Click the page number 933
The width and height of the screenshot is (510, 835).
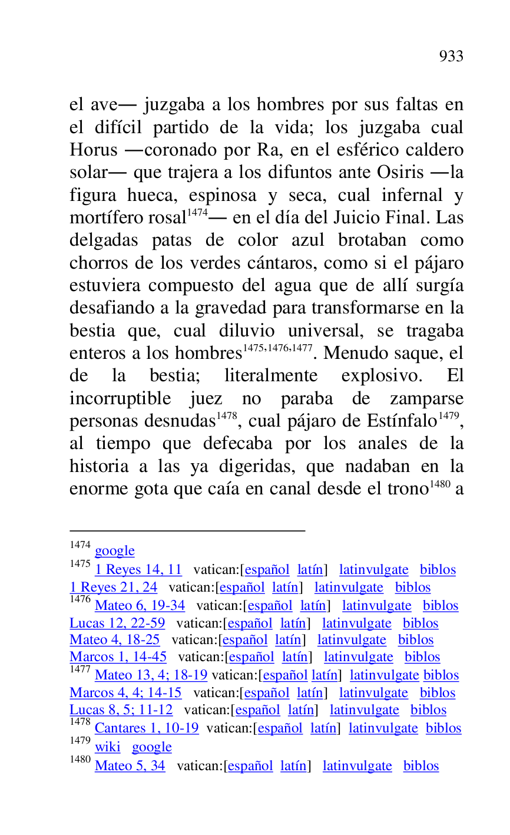pyautogui.click(x=451, y=57)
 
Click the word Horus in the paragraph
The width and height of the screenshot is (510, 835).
pyautogui.click(x=94, y=150)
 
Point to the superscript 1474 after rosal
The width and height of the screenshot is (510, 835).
pyautogui.click(x=197, y=213)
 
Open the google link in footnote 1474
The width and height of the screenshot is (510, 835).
pyautogui.click(x=115, y=551)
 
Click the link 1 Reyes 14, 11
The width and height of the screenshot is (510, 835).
pyautogui.click(x=138, y=570)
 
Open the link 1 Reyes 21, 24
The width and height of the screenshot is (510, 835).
pyautogui.click(x=114, y=588)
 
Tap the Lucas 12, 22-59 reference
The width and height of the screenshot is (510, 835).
pyautogui.click(x=117, y=623)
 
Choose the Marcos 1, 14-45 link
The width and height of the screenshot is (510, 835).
pyautogui.click(x=118, y=657)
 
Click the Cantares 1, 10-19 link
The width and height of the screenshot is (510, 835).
pyautogui.click(x=147, y=728)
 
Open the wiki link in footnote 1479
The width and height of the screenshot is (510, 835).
pyautogui.click(x=107, y=747)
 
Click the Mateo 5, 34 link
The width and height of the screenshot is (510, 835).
pyautogui.click(x=130, y=766)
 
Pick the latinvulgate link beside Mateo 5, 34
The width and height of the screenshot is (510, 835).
pyautogui.click(x=357, y=766)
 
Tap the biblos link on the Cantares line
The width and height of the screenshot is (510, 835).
pyautogui.click(x=443, y=728)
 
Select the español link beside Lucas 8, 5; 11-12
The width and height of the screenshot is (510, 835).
pyautogui.click(x=257, y=710)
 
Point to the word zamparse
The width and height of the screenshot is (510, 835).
pyautogui.click(x=426, y=399)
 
